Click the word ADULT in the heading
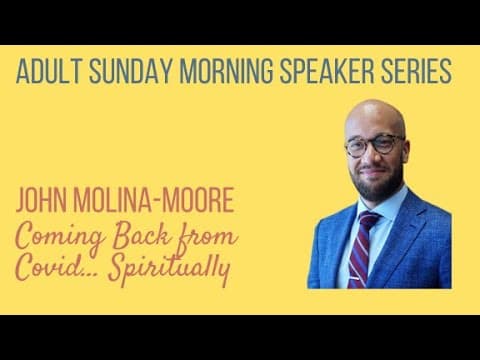[48, 71]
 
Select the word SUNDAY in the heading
[131, 71]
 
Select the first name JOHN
[41, 200]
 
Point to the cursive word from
[207, 237]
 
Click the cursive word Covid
[50, 268]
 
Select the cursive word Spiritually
[170, 270]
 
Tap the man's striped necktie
[362, 249]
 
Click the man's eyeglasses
[375, 145]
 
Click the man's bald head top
[375, 112]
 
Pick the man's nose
[371, 156]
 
